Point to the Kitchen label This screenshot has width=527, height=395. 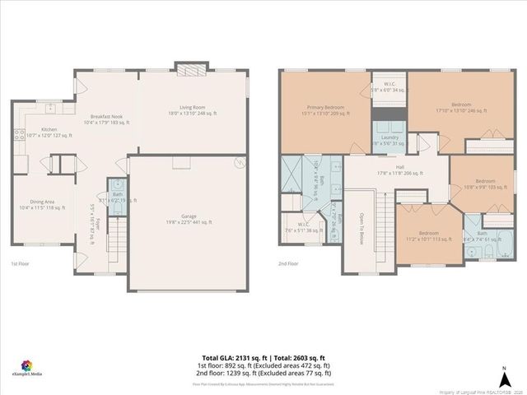(50, 132)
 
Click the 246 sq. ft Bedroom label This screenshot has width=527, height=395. (450, 109)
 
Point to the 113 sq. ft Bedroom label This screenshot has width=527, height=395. (427, 236)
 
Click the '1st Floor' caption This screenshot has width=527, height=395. (21, 263)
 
